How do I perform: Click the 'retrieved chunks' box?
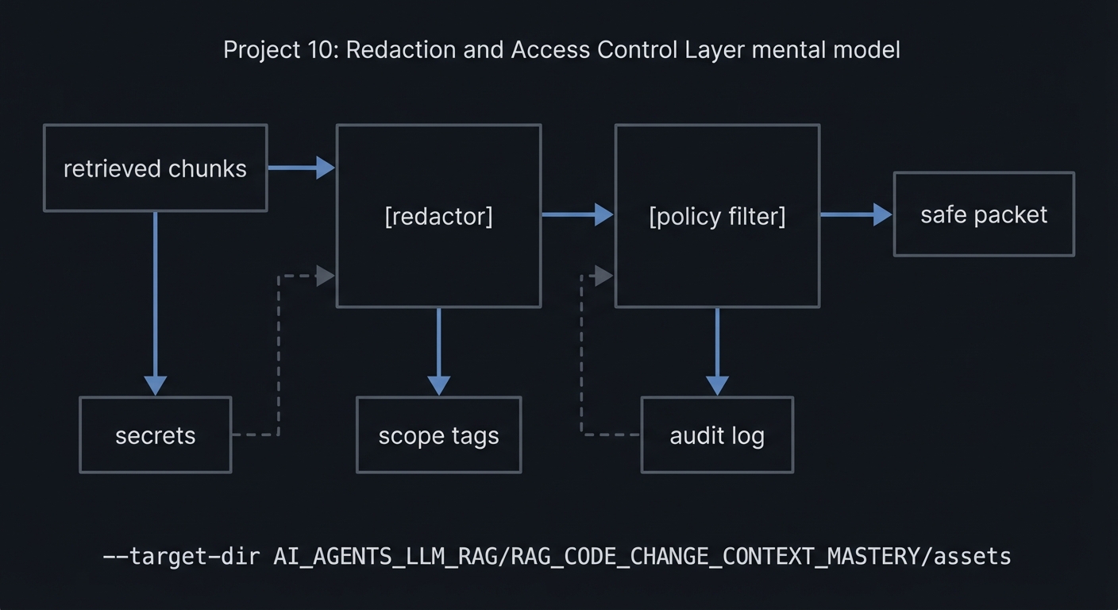click(155, 168)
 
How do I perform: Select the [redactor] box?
click(438, 216)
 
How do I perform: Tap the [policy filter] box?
click(717, 216)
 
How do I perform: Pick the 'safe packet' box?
click(984, 214)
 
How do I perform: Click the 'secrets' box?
click(155, 435)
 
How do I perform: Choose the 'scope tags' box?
click(438, 435)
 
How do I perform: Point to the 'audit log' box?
click(717, 435)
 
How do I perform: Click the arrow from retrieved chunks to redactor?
click(300, 168)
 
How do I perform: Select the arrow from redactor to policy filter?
click(577, 214)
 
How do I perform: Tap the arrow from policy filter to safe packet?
click(856, 214)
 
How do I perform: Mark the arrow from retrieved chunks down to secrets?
click(155, 302)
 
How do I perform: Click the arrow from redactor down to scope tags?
click(438, 351)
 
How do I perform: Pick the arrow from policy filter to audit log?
click(717, 351)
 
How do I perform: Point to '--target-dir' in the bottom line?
click(181, 556)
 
